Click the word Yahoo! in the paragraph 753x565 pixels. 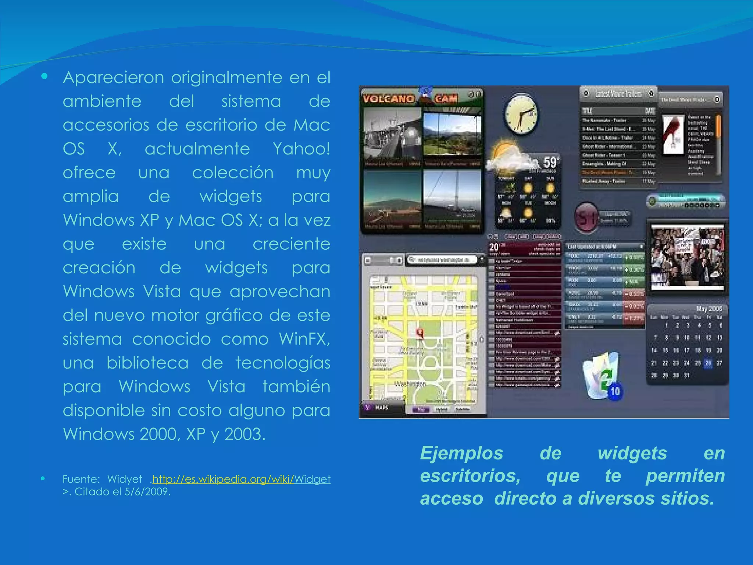(x=301, y=149)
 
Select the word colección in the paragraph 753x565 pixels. (x=233, y=173)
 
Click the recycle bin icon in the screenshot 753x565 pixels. (x=601, y=375)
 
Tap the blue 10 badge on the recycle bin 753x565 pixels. (x=615, y=391)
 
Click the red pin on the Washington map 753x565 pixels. (x=420, y=333)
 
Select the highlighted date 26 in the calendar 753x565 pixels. (x=708, y=363)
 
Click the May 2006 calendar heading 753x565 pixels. (x=709, y=309)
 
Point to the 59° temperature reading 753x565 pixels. (x=551, y=162)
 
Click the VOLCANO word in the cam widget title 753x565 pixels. (x=388, y=99)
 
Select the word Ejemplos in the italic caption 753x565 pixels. (x=461, y=453)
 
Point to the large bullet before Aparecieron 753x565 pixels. (x=44, y=77)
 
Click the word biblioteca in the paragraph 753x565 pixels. (x=147, y=363)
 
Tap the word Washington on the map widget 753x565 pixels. (x=410, y=384)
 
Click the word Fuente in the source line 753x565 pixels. (x=81, y=479)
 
